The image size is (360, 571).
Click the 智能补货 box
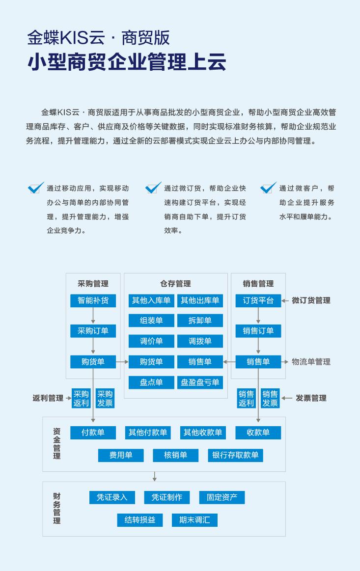click(93, 300)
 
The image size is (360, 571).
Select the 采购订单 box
click(93, 330)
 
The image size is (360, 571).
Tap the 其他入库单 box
click(151, 300)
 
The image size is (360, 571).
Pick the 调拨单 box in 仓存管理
click(200, 341)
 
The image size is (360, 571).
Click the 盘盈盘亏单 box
click(200, 382)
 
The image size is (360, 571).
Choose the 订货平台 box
click(258, 300)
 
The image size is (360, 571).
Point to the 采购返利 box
click(81, 398)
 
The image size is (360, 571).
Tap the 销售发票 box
click(270, 398)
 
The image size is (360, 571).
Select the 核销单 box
click(176, 455)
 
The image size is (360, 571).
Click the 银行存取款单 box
click(235, 455)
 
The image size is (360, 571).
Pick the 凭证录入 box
click(112, 497)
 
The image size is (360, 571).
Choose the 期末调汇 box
click(194, 520)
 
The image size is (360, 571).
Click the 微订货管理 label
click(311, 300)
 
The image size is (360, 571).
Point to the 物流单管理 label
click(311, 362)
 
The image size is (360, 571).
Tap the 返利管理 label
click(48, 398)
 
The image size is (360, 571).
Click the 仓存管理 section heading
click(176, 283)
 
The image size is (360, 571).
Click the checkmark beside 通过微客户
click(269, 188)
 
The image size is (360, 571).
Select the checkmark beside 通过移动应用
click(36, 188)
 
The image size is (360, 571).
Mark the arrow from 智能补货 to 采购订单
click(93, 315)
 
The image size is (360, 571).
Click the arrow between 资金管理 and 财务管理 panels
click(155, 476)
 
